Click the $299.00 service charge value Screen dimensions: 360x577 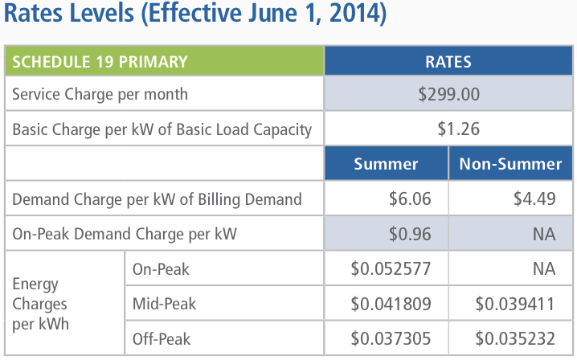pos(449,94)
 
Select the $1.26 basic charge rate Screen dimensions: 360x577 pos(449,129)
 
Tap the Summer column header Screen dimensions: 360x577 pos(386,164)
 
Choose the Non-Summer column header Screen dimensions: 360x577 pos(510,164)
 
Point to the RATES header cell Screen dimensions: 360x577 pos(449,61)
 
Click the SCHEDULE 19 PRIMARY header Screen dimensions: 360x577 pos(100,61)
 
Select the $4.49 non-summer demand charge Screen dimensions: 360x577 pos(535,199)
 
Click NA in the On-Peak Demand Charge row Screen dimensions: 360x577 pos(544,235)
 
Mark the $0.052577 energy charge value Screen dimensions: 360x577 pos(391,269)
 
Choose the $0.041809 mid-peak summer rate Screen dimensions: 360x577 pos(391,305)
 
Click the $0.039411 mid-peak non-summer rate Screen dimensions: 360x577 pos(515,305)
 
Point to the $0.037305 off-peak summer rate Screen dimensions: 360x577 pos(391,339)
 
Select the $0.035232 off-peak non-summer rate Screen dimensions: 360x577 pos(515,339)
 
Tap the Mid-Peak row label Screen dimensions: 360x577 pos(164,305)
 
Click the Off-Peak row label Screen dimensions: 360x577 pos(162,339)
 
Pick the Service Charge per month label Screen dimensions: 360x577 pos(100,94)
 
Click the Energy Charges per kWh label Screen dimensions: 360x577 pos(39,305)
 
